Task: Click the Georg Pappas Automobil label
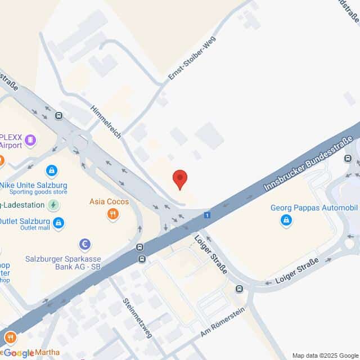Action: (x=314, y=208)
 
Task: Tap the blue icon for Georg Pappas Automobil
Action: (x=286, y=219)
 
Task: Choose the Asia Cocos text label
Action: (x=109, y=201)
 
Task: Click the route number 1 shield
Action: (x=208, y=215)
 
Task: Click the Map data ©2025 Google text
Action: (x=323, y=355)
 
